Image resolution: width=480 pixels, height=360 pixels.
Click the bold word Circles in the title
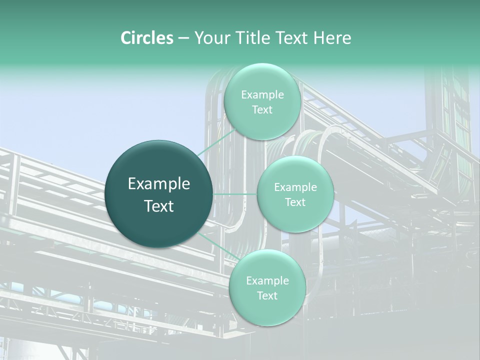(146, 38)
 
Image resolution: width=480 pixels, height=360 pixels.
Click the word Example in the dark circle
(159, 184)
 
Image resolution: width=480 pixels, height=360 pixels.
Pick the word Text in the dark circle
(159, 206)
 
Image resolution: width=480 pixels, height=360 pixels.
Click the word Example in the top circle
(262, 95)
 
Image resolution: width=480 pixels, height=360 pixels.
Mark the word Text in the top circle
(262, 110)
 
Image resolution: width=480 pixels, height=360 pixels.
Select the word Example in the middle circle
(295, 187)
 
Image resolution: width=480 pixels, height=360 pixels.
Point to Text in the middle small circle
(295, 202)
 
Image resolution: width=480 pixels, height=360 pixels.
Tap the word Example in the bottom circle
(267, 281)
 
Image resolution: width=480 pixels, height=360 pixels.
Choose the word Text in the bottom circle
(267, 296)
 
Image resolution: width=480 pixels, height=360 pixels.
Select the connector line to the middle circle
(235, 194)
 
